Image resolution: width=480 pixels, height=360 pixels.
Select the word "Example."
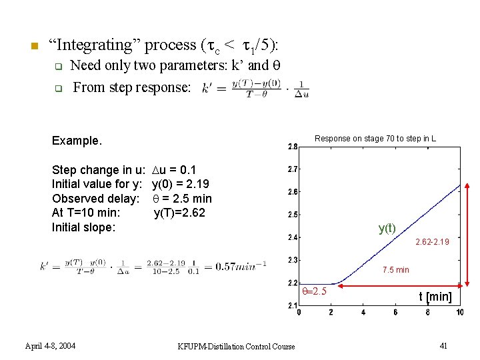77,141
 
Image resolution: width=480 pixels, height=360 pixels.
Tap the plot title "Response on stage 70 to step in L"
375,139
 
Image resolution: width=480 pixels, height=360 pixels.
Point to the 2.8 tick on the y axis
293,147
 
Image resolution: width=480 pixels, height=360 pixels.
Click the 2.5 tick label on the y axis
293,215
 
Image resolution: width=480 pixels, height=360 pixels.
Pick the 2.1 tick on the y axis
293,305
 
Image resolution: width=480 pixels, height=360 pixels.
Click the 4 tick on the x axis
363,312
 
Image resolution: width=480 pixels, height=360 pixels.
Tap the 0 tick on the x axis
299,312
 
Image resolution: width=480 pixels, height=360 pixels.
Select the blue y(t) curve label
387,228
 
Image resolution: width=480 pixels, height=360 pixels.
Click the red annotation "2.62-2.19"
432,241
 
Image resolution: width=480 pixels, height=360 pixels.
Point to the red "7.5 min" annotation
396,270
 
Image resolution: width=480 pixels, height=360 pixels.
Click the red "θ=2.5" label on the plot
314,291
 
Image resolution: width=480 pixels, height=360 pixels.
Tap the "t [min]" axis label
435,296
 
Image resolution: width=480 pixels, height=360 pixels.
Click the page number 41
443,345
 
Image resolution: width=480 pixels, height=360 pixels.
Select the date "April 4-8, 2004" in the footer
50,345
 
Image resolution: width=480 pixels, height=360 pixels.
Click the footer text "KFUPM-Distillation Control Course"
236,346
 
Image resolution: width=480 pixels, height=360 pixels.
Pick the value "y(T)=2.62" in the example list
179,213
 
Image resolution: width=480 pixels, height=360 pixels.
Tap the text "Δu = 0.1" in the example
173,170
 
